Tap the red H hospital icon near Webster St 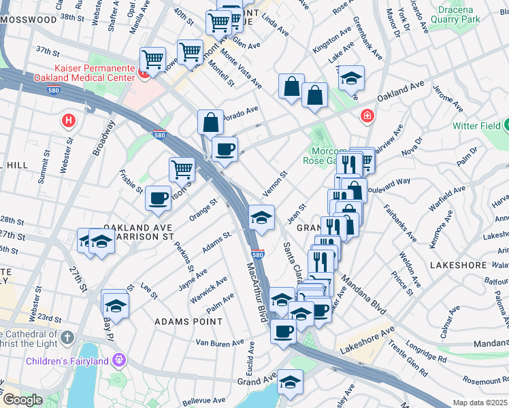[68, 121]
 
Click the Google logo [22, 400]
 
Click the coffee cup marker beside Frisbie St [159, 198]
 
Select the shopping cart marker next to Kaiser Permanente [153, 59]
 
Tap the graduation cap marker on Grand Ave [290, 381]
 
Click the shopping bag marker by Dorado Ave [211, 122]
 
